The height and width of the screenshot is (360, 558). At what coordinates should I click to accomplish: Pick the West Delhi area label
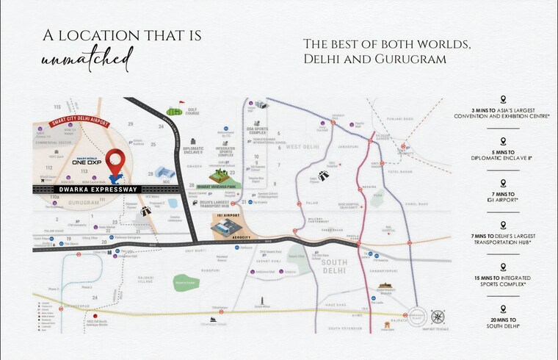click(x=302, y=148)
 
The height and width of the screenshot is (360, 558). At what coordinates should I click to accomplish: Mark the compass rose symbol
click(x=438, y=317)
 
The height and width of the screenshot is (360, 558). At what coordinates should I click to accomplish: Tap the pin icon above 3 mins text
click(x=503, y=98)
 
